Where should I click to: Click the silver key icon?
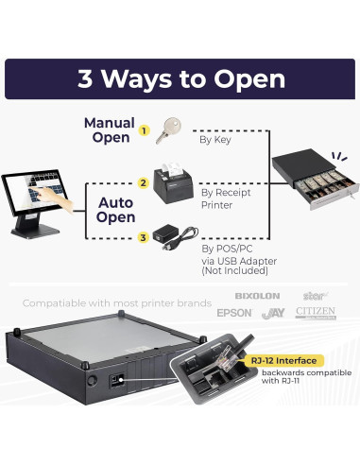click(168, 130)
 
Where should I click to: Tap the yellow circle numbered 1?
click(144, 130)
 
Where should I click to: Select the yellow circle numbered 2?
click(144, 183)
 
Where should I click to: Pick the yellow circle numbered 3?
click(144, 237)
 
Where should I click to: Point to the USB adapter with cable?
click(176, 237)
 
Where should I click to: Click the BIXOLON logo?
click(257, 296)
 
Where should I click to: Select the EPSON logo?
click(234, 313)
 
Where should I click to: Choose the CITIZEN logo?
click(316, 313)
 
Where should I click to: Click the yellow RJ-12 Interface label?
click(284, 361)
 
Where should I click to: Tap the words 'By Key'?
click(215, 140)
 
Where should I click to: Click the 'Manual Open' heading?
click(110, 130)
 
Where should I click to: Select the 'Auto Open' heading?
click(116, 210)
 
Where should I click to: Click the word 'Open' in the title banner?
click(249, 79)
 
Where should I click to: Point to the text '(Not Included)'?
click(235, 270)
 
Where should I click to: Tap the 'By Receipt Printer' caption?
click(226, 198)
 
